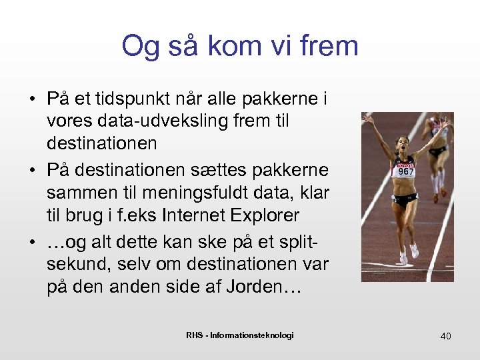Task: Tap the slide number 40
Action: pos(445,336)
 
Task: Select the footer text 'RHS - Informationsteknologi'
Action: pos(239,335)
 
